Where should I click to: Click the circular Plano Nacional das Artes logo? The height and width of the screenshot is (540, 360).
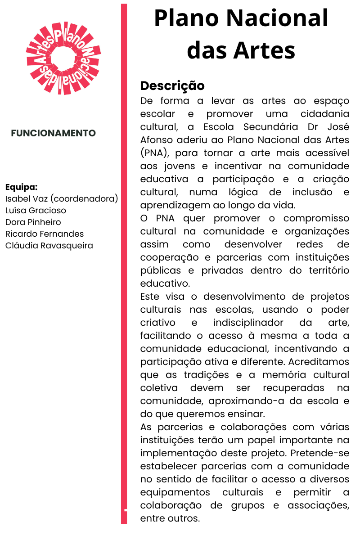click(x=63, y=58)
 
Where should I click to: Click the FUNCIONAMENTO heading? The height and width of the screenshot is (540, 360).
click(x=54, y=133)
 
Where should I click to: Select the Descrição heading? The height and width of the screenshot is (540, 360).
click(x=172, y=85)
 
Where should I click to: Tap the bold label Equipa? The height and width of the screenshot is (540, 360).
click(x=21, y=187)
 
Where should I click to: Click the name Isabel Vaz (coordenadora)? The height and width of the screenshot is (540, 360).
click(x=62, y=198)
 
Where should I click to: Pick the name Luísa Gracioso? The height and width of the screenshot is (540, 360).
click(x=36, y=210)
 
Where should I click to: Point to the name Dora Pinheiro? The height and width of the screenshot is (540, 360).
click(x=33, y=222)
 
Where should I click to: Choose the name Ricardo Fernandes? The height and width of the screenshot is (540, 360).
click(x=45, y=234)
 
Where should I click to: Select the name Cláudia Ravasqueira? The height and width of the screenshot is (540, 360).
click(x=49, y=245)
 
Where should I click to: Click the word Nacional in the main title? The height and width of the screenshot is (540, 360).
click(x=277, y=19)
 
